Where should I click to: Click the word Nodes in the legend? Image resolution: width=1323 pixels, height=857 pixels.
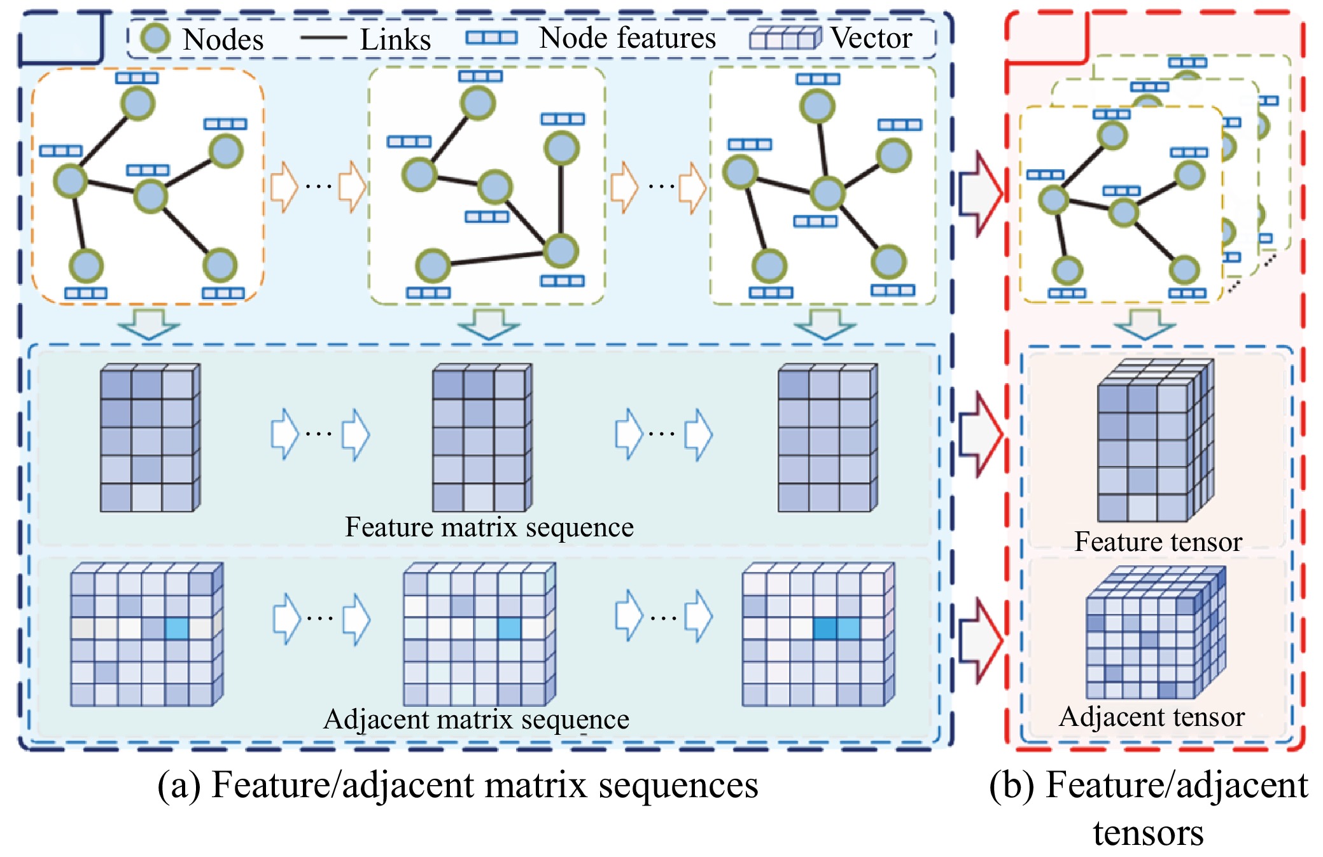point(223,39)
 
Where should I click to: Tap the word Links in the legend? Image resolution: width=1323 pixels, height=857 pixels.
point(395,39)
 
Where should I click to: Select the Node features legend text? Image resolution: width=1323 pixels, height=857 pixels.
point(627,38)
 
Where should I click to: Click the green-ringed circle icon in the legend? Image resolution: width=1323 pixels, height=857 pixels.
point(155,38)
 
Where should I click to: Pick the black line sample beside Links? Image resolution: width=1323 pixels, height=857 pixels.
point(323,38)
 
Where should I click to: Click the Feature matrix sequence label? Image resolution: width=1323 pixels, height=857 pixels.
point(489,527)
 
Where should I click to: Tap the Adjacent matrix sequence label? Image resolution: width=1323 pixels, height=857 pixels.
point(476,720)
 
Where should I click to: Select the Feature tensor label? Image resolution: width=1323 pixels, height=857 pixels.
point(1158,542)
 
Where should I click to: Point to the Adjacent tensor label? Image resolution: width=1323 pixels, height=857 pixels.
point(1152,717)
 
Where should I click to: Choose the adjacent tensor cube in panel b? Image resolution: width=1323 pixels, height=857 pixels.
point(1155,634)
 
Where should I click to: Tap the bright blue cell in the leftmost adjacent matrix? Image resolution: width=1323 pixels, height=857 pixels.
point(177,629)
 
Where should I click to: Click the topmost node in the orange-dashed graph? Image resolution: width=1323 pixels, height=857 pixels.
point(138,103)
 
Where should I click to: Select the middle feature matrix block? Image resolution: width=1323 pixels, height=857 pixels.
point(482,438)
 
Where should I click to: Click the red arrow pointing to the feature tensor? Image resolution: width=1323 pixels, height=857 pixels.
point(980,435)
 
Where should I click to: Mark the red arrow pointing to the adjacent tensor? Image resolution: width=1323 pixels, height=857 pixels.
point(980,640)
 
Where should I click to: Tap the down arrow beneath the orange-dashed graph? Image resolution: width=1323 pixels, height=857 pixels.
point(149,324)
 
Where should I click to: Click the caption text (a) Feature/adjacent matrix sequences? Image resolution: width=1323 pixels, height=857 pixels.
point(458,785)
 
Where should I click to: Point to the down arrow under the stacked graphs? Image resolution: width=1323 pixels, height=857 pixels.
point(1144,324)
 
